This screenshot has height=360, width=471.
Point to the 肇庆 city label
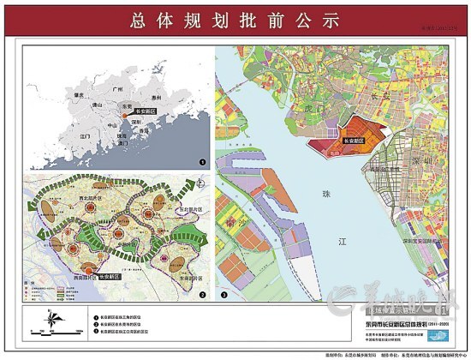[80, 95]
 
